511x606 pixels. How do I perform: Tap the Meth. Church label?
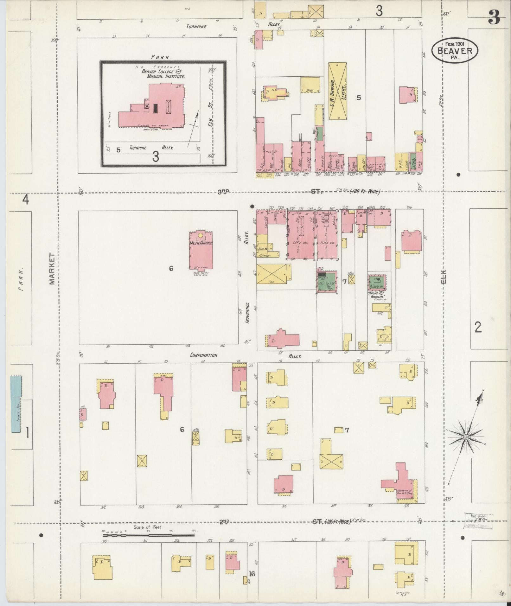click(x=201, y=243)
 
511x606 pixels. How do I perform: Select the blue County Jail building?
click(x=16, y=404)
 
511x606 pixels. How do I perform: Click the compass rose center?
click(x=466, y=437)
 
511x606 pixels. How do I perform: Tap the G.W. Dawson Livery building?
click(x=338, y=91)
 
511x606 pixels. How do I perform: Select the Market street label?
click(x=52, y=269)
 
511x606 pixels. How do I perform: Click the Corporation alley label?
click(x=204, y=355)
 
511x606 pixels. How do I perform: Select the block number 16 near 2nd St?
click(x=252, y=574)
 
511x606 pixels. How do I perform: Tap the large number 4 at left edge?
click(x=26, y=200)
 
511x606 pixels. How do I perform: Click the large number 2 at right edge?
click(x=478, y=327)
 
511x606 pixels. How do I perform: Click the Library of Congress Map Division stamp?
click(x=478, y=521)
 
